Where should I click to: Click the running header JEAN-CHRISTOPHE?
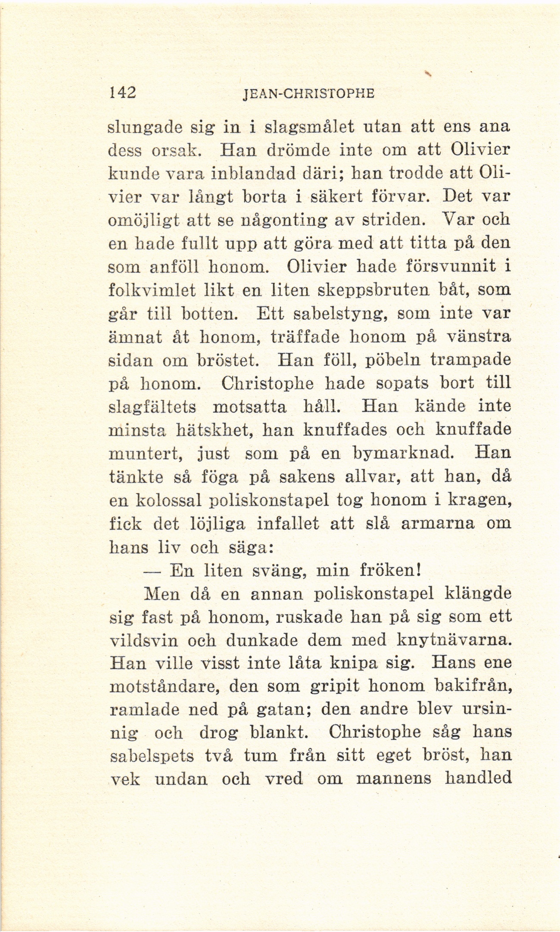click(308, 93)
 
